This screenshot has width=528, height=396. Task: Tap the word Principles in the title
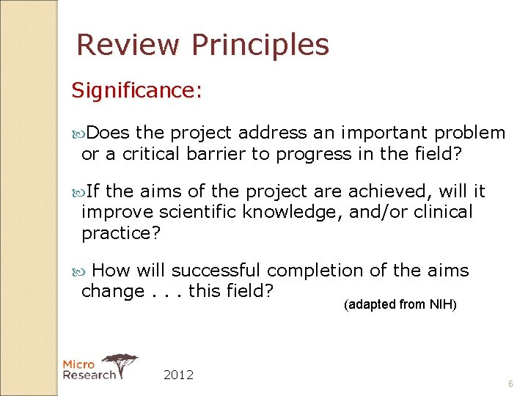click(x=260, y=45)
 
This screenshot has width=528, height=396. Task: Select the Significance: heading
click(x=136, y=91)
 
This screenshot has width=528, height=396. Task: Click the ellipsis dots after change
click(x=166, y=292)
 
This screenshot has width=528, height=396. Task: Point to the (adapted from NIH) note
click(x=400, y=304)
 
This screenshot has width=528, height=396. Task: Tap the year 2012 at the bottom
click(x=178, y=375)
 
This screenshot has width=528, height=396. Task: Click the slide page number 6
click(x=511, y=384)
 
